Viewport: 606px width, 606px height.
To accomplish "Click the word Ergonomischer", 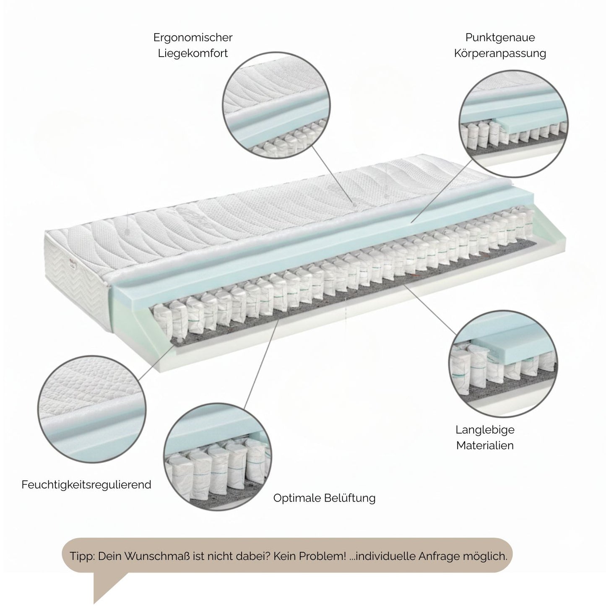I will point(192,38).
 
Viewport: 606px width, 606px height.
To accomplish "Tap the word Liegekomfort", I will point(192,54).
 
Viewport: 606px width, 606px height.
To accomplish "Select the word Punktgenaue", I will point(500,38).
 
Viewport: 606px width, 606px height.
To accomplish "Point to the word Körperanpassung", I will point(500,54).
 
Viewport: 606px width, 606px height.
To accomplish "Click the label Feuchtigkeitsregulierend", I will point(86,485).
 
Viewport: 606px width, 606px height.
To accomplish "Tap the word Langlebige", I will point(485,430).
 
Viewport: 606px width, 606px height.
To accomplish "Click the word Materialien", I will point(485,445).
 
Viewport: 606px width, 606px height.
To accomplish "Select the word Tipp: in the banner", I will point(83,556).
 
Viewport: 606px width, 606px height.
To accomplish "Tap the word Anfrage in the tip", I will point(439,556).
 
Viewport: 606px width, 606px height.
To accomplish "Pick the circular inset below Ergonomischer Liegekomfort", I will point(277,107).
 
